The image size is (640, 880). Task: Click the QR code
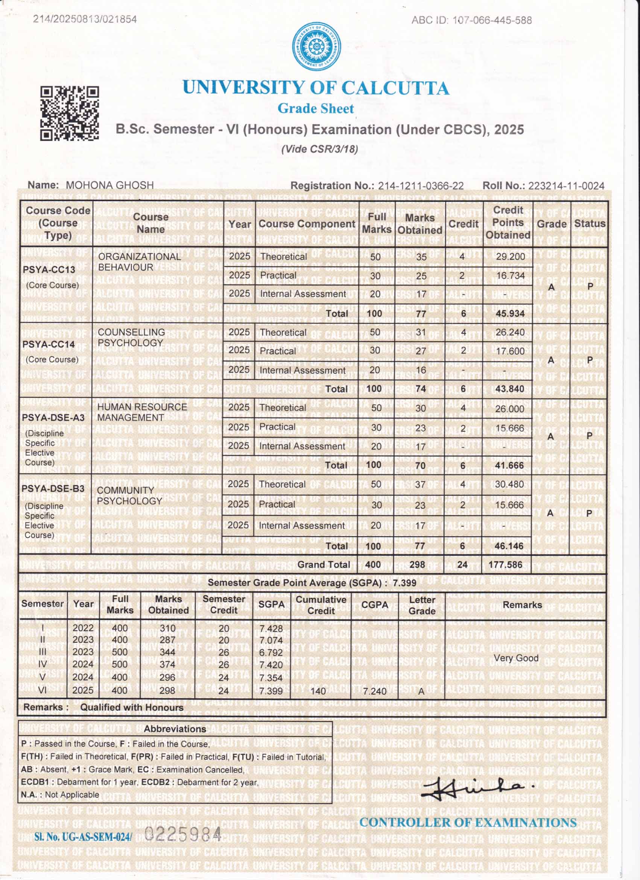coord(70,113)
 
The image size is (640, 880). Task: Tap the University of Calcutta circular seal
coord(316,47)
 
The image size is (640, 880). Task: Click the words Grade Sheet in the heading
coord(316,108)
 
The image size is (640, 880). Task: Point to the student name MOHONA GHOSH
coord(110,185)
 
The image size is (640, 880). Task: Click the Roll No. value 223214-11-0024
coord(566,186)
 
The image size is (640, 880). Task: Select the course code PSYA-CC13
coord(49,269)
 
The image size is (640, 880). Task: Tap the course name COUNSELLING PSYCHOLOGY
coord(131,338)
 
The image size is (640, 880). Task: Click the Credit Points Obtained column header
coord(508,223)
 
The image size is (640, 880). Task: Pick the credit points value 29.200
coord(510,257)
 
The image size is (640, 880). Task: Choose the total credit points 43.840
coord(509,389)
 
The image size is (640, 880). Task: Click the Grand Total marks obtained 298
coord(417,565)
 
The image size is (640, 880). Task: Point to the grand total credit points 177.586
coord(505,565)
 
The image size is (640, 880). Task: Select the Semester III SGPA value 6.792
coord(271,652)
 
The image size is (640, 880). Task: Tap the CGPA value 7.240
coord(374,691)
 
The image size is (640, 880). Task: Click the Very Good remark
coord(516,658)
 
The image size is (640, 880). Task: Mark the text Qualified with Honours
coord(132,707)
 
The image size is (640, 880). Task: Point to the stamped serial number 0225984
coord(182,834)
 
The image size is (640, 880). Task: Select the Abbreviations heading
coord(175,729)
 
